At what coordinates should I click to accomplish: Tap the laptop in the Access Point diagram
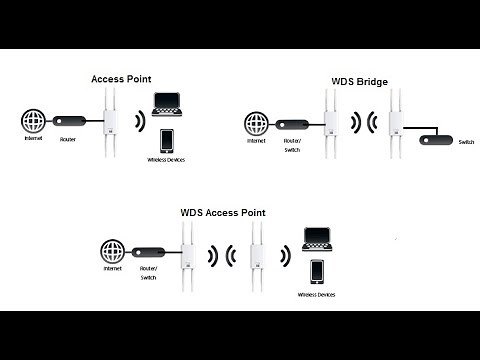[x=166, y=104]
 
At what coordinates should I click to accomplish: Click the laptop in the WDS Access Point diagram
[x=318, y=238]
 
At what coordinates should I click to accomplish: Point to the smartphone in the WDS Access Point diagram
[x=317, y=271]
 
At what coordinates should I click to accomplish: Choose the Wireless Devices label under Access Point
[x=169, y=160]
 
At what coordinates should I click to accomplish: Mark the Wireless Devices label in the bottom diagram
[x=317, y=296]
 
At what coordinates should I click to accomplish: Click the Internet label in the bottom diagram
[x=111, y=271]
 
